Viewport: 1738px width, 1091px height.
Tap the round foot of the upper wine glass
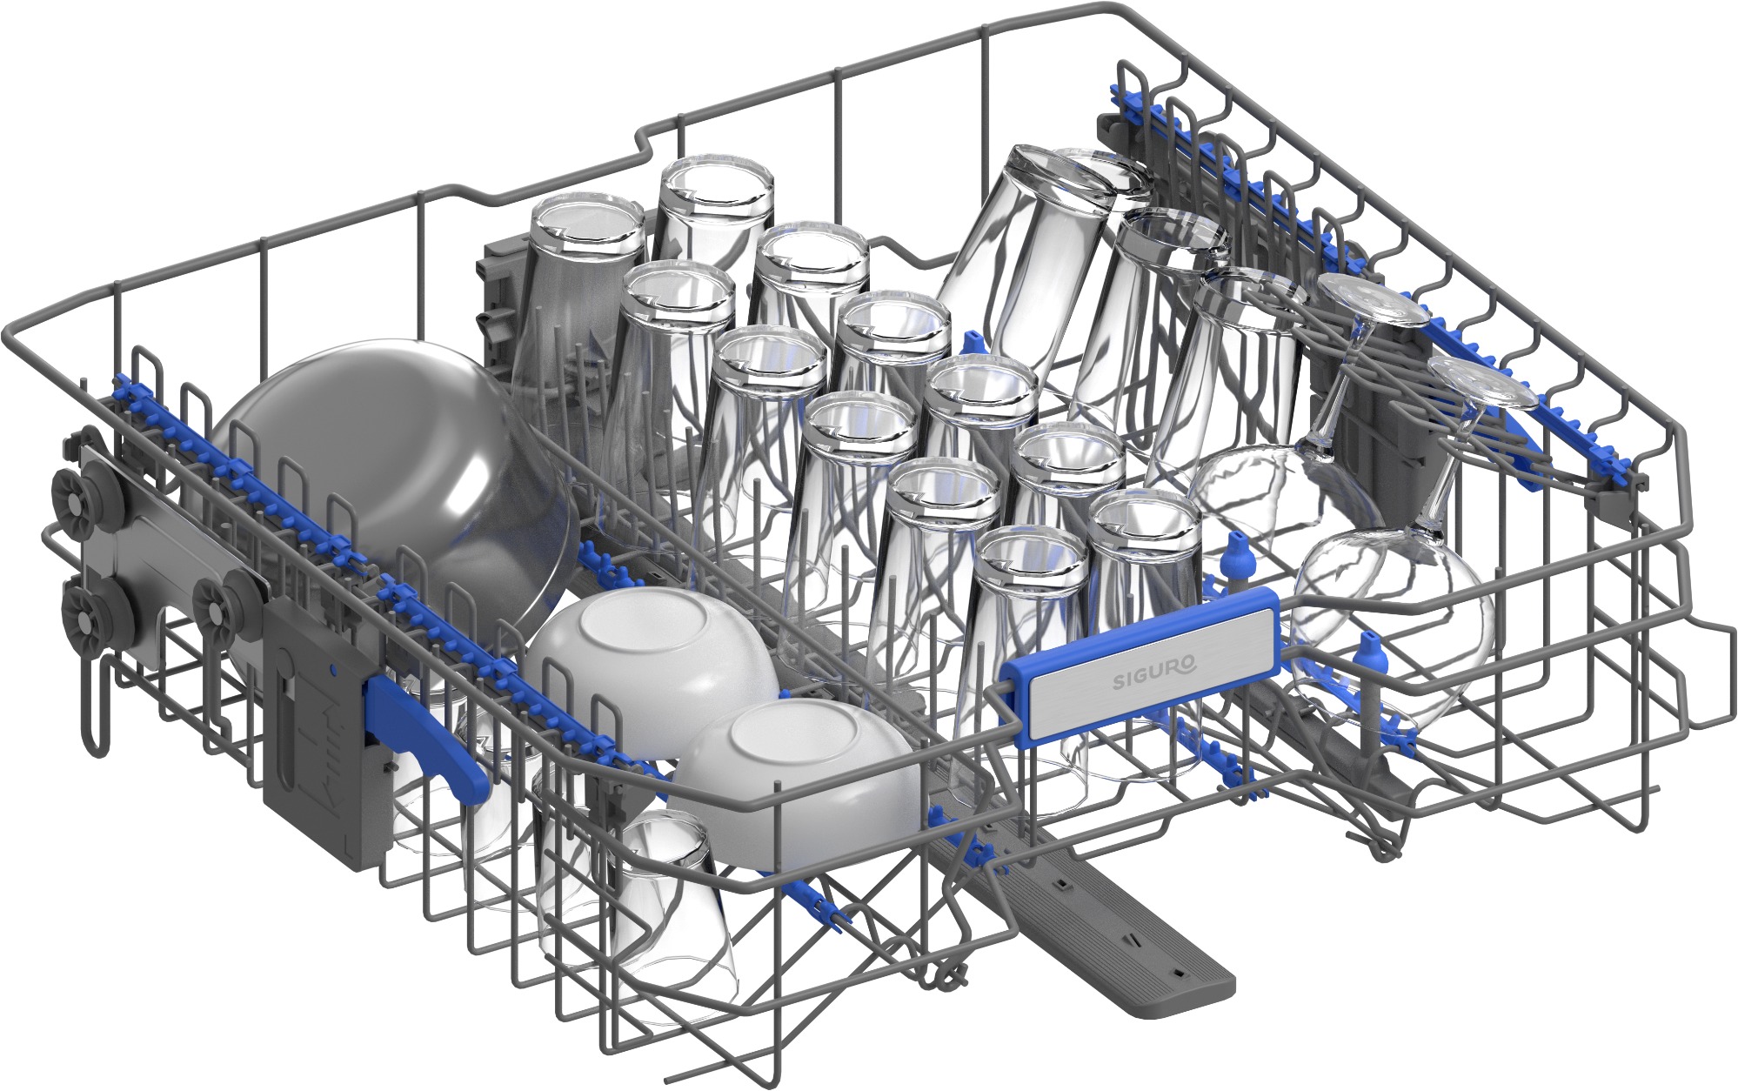[x=1372, y=312]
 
